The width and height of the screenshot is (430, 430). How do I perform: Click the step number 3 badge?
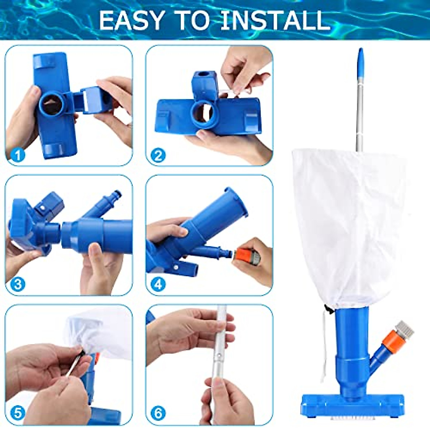coord(18,285)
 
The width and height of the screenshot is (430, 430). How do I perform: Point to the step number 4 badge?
coord(158,285)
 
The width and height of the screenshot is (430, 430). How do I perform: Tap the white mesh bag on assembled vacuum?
coord(349,222)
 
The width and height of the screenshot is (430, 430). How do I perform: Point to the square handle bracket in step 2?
coord(204,84)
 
